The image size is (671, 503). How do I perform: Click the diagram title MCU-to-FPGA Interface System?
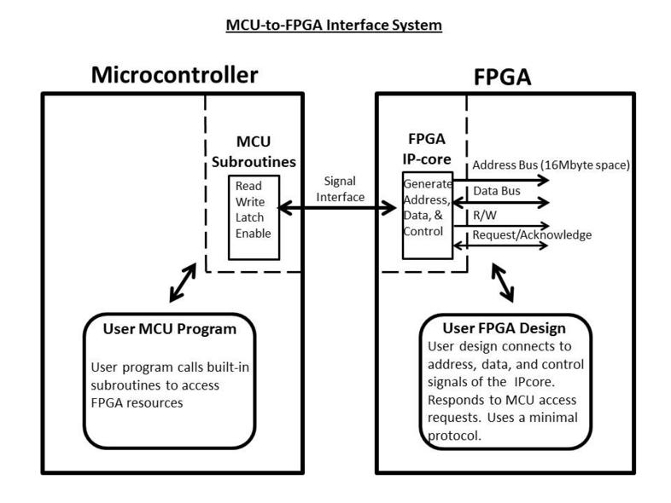pyautogui.click(x=334, y=26)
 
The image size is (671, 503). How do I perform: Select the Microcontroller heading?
pyautogui.click(x=175, y=76)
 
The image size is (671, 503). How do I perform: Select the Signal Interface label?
pyautogui.click(x=341, y=188)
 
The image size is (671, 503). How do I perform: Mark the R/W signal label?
pyautogui.click(x=483, y=217)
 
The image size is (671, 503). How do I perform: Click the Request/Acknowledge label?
pyautogui.click(x=531, y=234)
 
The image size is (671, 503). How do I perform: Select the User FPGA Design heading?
pyautogui.click(x=503, y=328)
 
